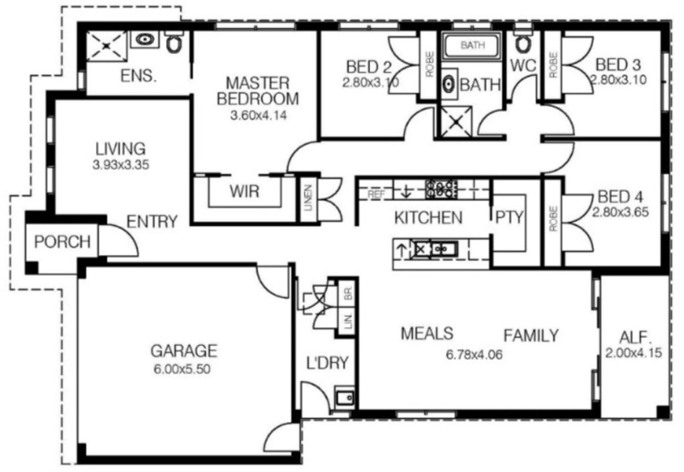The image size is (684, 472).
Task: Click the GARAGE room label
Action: pos(184,351)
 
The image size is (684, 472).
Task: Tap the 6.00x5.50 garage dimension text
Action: pos(182,369)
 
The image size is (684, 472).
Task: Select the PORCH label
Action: pos(62,242)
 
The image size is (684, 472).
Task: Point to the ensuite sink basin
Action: pos(145,39)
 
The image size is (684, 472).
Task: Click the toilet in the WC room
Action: pos(523,42)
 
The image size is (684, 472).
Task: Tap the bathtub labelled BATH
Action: pos(473,45)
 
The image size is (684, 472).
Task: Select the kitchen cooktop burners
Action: pos(442,189)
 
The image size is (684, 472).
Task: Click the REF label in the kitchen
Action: pos(376,194)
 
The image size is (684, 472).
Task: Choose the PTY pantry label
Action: pos(509,217)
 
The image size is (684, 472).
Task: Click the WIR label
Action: pos(245,192)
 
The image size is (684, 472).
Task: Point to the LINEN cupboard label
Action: pos(308,198)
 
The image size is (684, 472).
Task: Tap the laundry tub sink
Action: pos(345,398)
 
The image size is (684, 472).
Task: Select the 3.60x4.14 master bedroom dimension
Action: pos(258,115)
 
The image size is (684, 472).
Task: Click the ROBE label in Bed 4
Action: pos(553,218)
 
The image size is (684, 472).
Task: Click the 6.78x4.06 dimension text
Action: pos(474,355)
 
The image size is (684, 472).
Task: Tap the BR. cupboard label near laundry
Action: pos(348,294)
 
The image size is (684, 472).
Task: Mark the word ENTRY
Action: pos(152,222)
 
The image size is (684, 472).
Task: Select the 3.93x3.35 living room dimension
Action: pos(121,165)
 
